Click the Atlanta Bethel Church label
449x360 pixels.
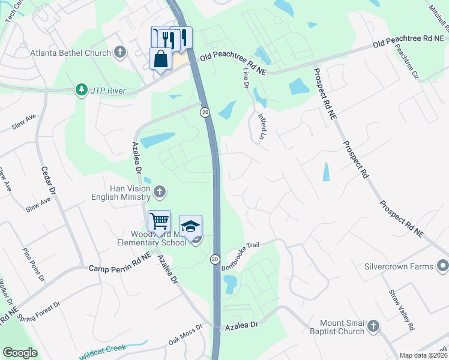point(71,53)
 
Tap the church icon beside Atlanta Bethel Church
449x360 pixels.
point(120,52)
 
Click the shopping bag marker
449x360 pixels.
point(160,59)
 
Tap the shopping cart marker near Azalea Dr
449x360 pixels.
point(159,221)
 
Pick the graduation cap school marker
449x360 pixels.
point(190,226)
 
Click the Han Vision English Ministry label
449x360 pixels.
point(121,192)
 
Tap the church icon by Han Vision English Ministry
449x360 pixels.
point(160,192)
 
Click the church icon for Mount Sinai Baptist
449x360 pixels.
point(373,326)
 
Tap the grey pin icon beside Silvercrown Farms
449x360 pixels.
point(443,265)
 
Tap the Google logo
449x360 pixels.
point(20,353)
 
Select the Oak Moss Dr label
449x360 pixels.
point(185,335)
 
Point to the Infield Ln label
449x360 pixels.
point(262,127)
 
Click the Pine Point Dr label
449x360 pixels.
point(34,265)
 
